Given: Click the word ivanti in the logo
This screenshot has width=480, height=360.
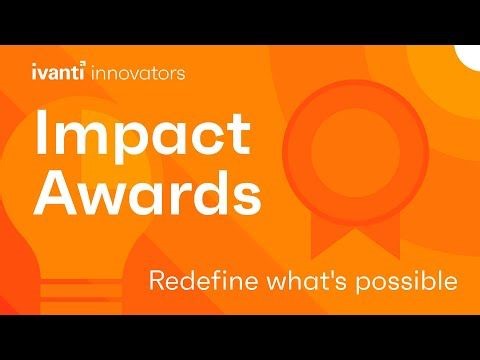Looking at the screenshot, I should point(58,72).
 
